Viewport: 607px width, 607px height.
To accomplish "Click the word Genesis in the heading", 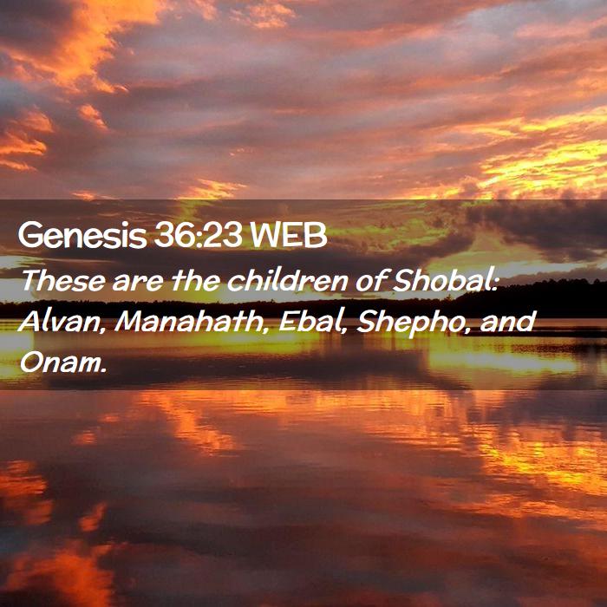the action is pos(82,235).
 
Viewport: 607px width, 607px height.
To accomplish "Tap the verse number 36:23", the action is pos(199,235).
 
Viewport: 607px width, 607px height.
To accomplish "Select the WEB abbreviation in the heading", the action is pos(289,235).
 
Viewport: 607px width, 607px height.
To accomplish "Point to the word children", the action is pos(287,280).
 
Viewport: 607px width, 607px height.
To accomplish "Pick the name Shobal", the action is pos(441,280).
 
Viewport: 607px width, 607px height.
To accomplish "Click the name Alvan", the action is pos(59,322).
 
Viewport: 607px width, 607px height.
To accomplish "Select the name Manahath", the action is pos(189,322).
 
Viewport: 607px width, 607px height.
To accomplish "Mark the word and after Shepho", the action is pos(508,322).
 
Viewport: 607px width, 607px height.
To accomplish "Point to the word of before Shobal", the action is pos(371,280).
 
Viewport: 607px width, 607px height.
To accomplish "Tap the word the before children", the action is pos(196,280).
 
